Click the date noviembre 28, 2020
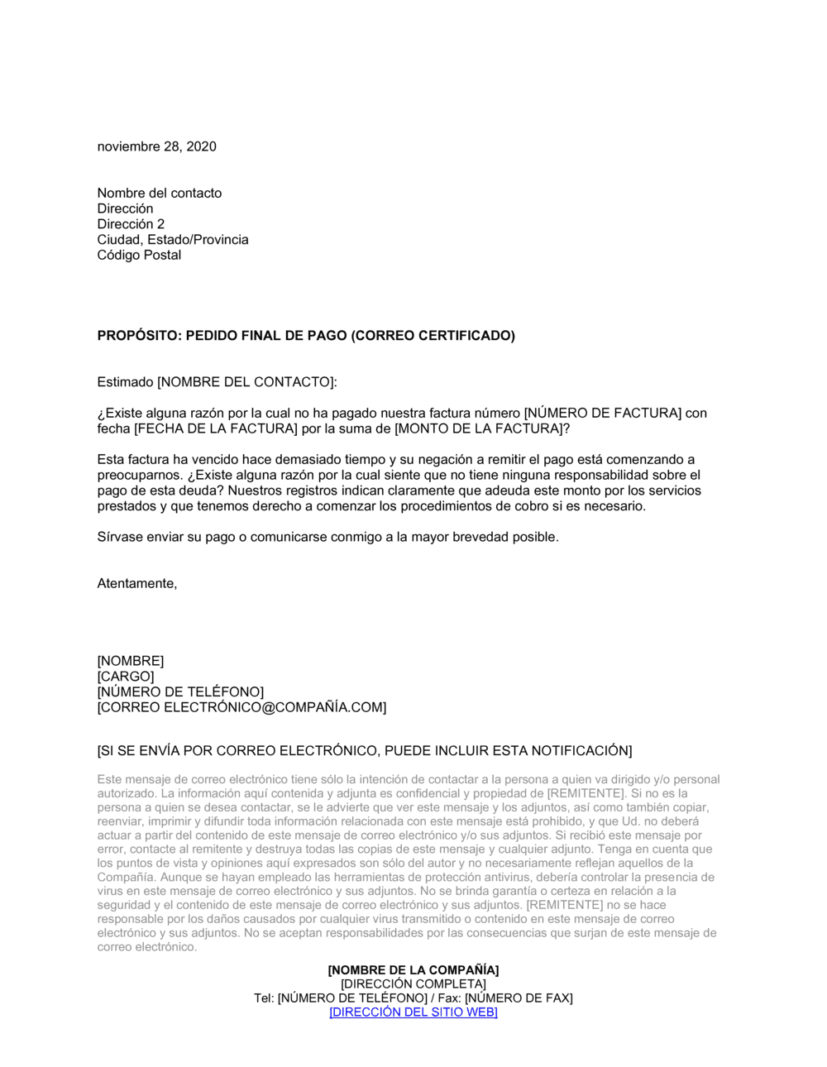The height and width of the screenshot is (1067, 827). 157,146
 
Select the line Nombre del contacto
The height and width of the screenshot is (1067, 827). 160,193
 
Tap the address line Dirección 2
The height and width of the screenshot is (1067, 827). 131,224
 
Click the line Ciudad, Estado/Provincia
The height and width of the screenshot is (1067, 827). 173,240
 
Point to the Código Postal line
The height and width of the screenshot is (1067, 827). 139,255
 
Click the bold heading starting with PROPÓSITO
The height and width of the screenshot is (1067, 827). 306,336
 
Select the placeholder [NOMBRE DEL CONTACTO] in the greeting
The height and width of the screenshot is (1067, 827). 246,382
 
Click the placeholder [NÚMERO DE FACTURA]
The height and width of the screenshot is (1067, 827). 603,413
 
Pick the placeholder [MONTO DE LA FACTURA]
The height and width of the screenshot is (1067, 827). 480,428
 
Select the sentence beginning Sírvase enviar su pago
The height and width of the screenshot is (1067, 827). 327,537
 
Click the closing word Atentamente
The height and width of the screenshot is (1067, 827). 136,583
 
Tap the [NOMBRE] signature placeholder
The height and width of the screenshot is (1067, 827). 131,661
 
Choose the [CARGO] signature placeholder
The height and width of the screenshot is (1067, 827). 126,677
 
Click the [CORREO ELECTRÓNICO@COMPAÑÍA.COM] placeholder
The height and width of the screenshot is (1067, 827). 241,707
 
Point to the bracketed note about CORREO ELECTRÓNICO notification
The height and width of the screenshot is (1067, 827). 365,751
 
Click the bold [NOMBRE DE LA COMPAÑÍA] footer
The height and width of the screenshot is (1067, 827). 413,969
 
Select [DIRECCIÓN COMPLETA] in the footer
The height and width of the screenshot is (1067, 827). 413,983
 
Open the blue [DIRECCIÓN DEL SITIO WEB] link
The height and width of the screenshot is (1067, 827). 413,1012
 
